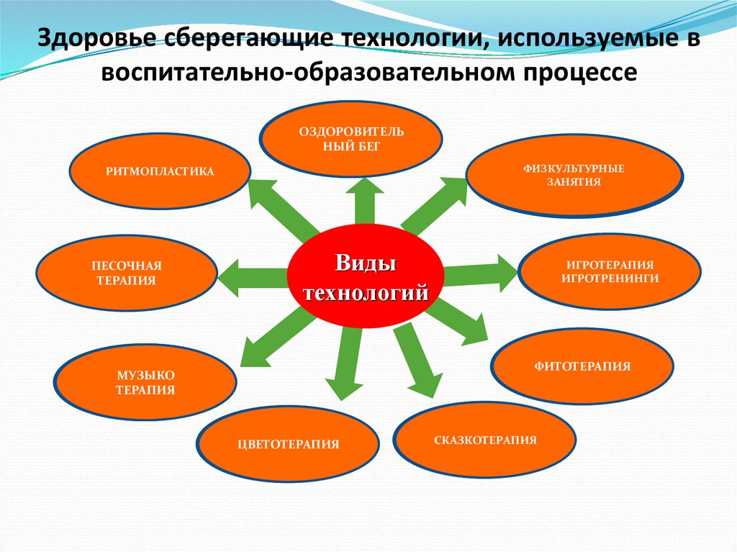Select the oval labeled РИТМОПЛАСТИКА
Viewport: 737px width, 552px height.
click(x=160, y=172)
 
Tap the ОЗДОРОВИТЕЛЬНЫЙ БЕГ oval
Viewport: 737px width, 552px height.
click(x=351, y=138)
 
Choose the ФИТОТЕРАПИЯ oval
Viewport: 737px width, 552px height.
click(x=582, y=366)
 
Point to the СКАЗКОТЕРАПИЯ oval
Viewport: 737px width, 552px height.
click(x=485, y=440)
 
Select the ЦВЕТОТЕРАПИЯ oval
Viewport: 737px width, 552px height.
click(x=288, y=444)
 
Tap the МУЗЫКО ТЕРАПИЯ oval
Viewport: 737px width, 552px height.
click(x=145, y=382)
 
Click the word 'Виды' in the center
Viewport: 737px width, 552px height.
click(x=364, y=262)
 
